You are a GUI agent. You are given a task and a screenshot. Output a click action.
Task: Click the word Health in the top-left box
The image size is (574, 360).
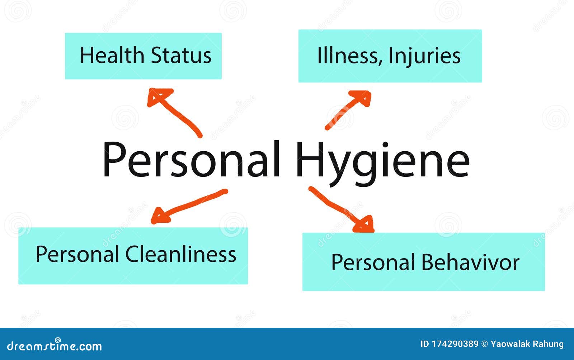112,55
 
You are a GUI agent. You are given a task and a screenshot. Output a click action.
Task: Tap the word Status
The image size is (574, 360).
181,55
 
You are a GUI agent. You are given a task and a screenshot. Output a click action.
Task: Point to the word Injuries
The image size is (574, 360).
425,57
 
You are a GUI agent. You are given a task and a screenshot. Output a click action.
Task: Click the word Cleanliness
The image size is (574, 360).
181,254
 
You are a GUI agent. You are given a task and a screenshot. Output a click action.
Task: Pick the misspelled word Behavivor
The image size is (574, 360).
470,262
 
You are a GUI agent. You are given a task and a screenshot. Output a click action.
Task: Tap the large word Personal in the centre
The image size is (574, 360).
192,159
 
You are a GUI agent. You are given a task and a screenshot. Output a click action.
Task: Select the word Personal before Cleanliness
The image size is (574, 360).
77,254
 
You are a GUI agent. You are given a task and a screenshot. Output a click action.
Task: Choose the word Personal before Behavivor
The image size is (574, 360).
373,262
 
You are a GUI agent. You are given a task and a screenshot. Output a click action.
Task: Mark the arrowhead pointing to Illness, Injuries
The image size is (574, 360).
361,98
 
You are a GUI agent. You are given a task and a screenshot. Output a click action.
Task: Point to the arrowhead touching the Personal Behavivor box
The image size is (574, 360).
364,224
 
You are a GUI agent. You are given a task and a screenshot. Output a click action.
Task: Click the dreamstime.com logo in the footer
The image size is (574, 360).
54,346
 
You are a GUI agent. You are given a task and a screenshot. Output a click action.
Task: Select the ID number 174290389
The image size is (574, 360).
455,344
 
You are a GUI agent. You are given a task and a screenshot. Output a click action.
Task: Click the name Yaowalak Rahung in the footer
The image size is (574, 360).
527,344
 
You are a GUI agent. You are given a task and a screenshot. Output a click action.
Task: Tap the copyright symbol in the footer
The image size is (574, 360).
485,344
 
